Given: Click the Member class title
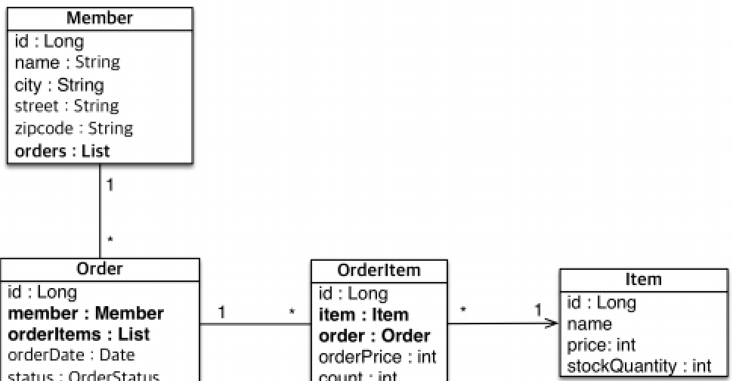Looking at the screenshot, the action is click(100, 17).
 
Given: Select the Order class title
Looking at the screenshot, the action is click(100, 269).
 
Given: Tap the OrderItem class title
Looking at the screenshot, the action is click(379, 271).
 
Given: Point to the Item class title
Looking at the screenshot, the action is click(644, 280).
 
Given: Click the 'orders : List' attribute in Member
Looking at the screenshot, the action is click(62, 150).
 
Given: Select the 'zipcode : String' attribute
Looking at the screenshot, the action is click(73, 129).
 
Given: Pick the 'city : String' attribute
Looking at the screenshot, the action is click(59, 85).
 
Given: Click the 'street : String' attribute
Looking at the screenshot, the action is click(66, 107).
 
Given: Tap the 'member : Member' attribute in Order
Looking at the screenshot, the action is click(85, 313).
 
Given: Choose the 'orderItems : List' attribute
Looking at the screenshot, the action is click(79, 334).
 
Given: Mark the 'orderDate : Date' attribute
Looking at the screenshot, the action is click(71, 355).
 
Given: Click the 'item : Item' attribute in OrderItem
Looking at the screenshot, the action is click(363, 314).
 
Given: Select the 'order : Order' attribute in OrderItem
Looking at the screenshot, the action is click(374, 336).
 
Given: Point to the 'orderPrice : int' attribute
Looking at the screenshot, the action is click(378, 357).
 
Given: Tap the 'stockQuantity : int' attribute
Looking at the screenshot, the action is click(639, 367).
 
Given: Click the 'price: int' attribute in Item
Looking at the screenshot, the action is click(602, 345).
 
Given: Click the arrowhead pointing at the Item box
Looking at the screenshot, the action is click(554, 324).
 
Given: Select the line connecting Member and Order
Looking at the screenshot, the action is click(100, 212).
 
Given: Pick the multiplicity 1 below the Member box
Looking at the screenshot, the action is click(110, 185).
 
